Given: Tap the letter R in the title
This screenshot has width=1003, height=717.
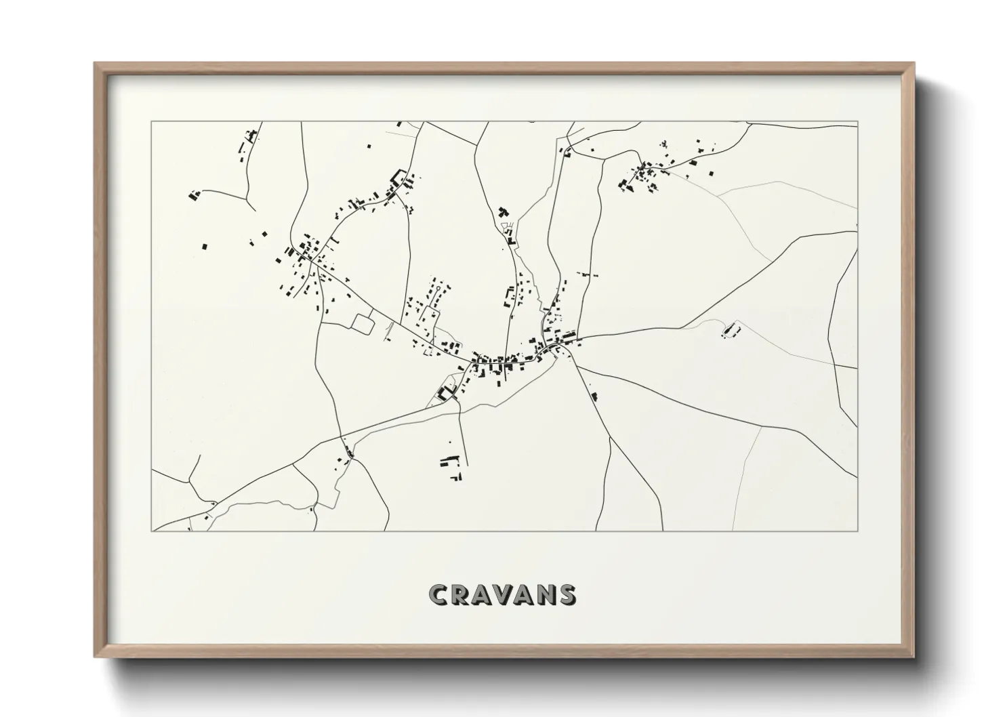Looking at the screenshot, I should point(461,594).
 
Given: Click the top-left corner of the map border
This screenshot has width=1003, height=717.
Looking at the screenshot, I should point(151,122).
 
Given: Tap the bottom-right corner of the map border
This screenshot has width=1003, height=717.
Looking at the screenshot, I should point(857,531).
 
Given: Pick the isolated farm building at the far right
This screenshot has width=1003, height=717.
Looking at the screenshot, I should point(731,331).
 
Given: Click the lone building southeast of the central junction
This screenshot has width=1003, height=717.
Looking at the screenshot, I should point(594,396).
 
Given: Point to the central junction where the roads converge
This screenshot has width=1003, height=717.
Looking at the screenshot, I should point(556,350).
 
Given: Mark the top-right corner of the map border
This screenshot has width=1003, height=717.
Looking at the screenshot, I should point(857,122).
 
